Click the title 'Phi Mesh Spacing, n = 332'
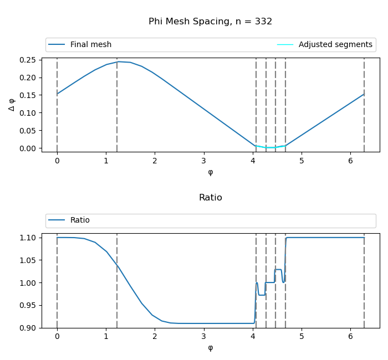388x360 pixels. click(210, 22)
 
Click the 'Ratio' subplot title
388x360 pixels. click(210, 198)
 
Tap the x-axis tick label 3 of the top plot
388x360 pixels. click(204, 161)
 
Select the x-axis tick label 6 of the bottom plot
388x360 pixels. click(351, 337)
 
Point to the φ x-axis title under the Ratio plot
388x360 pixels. click(210, 348)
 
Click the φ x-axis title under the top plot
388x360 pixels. click(210, 172)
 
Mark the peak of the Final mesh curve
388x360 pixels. click(118, 61)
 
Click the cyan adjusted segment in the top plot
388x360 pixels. click(270, 147)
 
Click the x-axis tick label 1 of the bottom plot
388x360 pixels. click(106, 337)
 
